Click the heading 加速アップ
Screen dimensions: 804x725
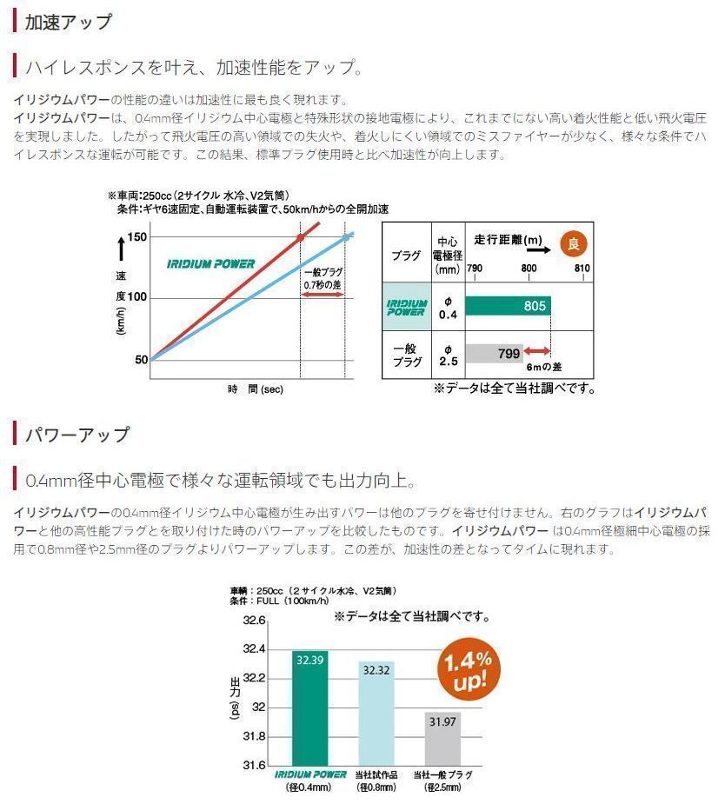(69, 22)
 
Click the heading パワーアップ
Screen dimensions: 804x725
(78, 434)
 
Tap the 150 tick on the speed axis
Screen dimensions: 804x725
(137, 236)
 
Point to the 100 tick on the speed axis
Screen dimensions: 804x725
(137, 297)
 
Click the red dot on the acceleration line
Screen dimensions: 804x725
(301, 237)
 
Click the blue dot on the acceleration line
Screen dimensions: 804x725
(345, 236)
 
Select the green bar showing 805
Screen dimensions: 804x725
(508, 306)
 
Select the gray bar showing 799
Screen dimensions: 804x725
(494, 354)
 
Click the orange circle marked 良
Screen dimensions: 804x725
(572, 244)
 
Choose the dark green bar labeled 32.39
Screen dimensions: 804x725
(310, 708)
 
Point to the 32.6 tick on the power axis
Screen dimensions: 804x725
(253, 621)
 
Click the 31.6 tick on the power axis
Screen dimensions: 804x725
(253, 766)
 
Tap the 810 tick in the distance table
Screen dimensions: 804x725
(582, 269)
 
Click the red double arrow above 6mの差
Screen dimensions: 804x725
(537, 351)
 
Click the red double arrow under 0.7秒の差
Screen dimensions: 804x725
(323, 295)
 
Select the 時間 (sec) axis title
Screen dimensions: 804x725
(256, 389)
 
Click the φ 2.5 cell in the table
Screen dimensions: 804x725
(448, 355)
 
